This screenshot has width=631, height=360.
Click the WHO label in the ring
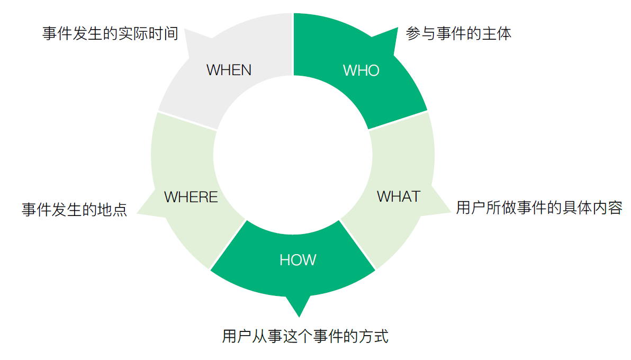(361, 70)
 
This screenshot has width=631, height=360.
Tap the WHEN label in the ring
(229, 70)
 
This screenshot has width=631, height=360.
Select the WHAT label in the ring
(398, 196)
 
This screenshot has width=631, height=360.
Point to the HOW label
(298, 260)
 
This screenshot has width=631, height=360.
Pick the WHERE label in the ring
(191, 197)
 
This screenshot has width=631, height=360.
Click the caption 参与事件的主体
(458, 34)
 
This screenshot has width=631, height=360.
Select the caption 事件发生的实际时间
(110, 34)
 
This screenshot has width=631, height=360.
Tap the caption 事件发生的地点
(74, 209)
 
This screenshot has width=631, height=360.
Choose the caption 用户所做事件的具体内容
(539, 208)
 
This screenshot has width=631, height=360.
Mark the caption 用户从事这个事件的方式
(305, 336)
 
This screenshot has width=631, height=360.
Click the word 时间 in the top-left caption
(165, 34)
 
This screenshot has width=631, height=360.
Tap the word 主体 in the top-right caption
(498, 34)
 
